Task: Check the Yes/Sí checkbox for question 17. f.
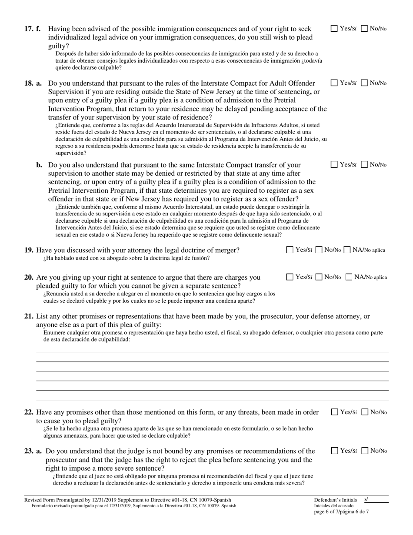pos(334,29)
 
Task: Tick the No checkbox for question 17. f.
pos(365,29)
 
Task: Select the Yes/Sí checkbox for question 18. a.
pos(334,83)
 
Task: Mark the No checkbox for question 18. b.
pos(365,164)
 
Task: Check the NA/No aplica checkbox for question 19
pos(347,250)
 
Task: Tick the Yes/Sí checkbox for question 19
pos(290,250)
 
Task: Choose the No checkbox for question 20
pos(319,277)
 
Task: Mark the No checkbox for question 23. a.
pos(365,451)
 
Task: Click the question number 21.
pos(29,316)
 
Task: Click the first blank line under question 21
pos(212,351)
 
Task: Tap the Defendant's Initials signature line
pos(376,501)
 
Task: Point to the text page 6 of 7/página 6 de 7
pos(341,512)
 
